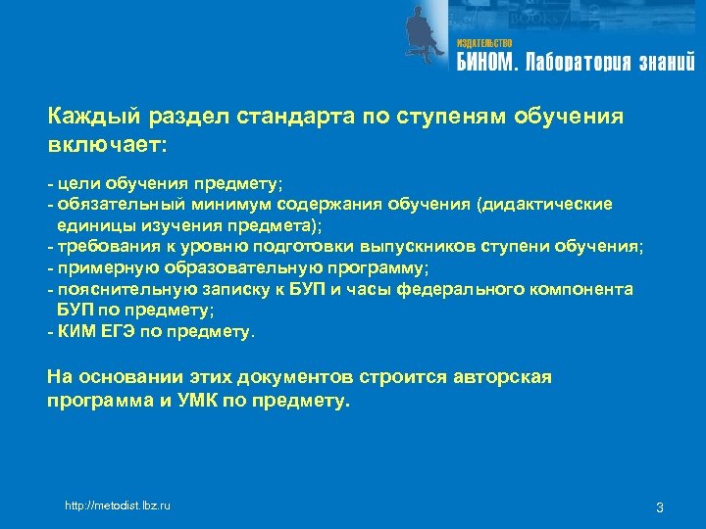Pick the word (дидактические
click(544, 204)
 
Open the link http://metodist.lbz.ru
click(117, 505)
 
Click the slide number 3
click(660, 506)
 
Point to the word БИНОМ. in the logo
click(487, 64)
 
